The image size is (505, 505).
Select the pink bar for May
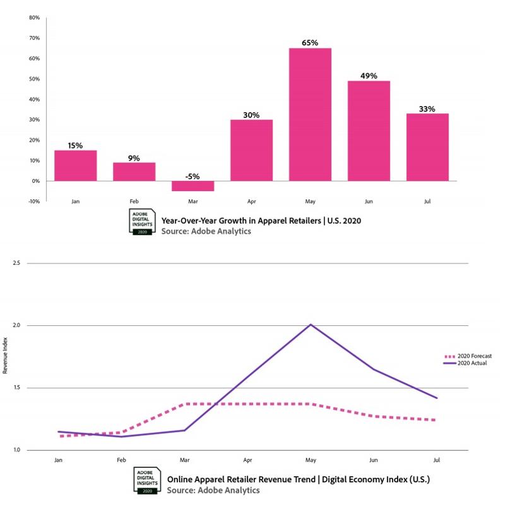(310, 114)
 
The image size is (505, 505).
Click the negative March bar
(193, 186)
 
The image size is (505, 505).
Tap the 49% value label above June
(369, 76)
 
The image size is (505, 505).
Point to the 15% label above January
(75, 145)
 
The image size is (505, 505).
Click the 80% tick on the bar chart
(34, 18)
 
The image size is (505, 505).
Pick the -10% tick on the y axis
(33, 201)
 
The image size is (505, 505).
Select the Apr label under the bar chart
(251, 202)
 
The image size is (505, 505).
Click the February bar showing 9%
(134, 171)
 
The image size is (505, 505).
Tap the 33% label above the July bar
(427, 108)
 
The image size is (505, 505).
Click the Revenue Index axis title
(6, 356)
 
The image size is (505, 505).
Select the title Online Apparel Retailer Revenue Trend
(298, 480)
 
